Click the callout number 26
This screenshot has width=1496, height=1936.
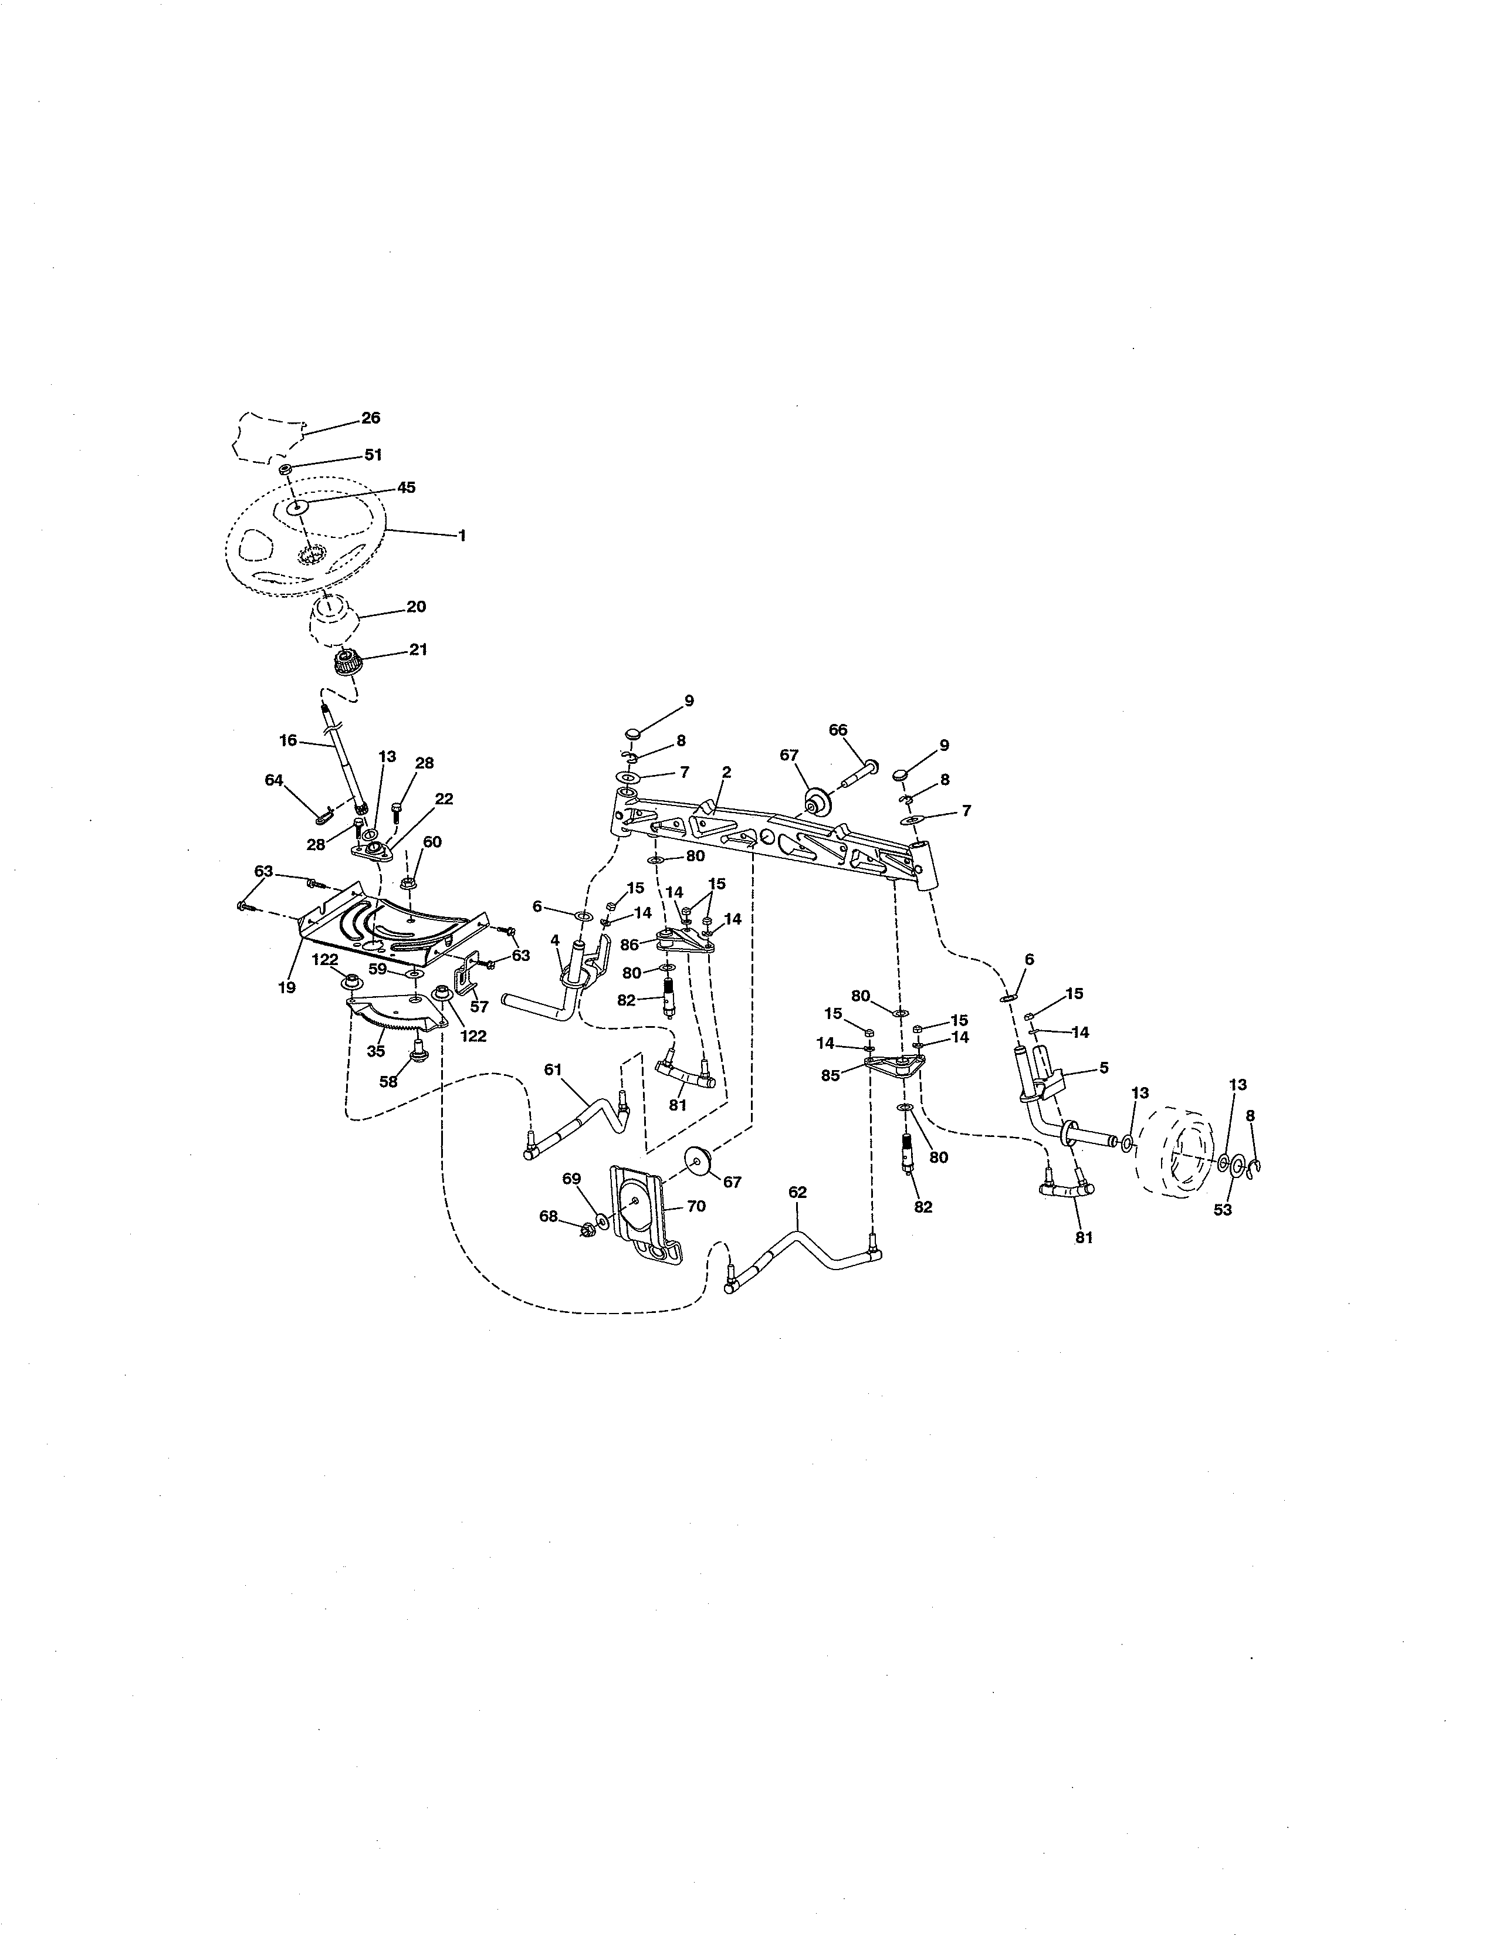click(x=370, y=418)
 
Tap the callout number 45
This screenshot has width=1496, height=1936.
click(x=406, y=488)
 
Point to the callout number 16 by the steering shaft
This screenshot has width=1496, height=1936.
click(x=288, y=739)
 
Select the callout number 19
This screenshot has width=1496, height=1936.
click(x=286, y=987)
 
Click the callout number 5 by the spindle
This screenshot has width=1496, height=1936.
click(x=1104, y=1068)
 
